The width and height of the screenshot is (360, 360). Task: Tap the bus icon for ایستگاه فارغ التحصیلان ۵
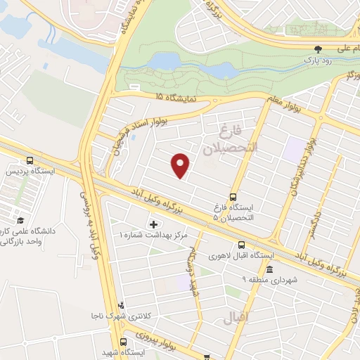click(233, 198)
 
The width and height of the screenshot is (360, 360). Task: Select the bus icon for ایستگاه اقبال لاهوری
click(241, 245)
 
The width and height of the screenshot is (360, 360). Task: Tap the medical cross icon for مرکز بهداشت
click(153, 224)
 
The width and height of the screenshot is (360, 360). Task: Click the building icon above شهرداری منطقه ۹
click(270, 271)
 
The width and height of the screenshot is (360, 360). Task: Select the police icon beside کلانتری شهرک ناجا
click(121, 305)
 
